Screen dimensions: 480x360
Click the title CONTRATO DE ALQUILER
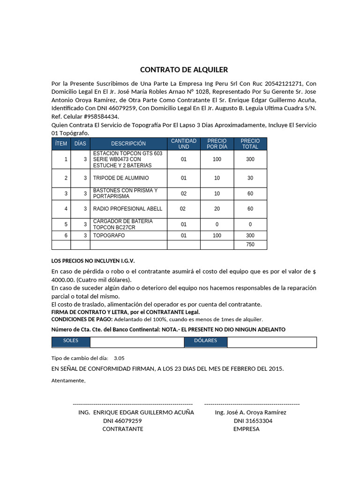click(184, 70)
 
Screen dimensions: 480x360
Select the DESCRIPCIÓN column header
click(128, 144)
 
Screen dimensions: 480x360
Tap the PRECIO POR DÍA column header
click(217, 144)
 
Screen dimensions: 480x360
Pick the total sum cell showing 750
click(250, 245)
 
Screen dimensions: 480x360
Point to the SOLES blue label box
click(71, 341)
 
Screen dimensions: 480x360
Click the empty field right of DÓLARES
click(272, 342)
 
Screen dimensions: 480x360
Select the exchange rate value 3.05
click(119, 358)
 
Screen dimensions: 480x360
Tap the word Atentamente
click(68, 380)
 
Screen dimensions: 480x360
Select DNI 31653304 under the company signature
click(253, 421)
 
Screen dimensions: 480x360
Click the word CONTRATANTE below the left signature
click(123, 429)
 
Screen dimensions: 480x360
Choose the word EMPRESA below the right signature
click(246, 429)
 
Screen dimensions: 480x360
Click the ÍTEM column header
click(61, 144)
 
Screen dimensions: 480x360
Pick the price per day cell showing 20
click(217, 209)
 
